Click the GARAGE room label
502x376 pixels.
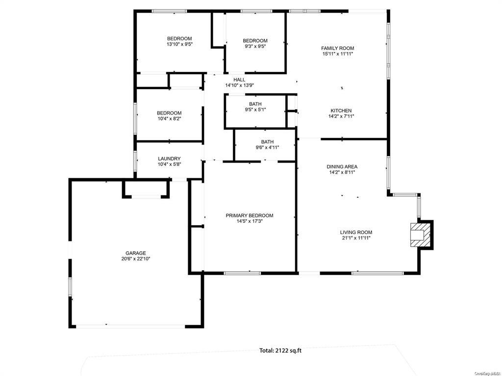pos(135,253)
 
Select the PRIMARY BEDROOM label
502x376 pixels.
pos(250,215)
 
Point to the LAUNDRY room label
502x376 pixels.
pos(169,159)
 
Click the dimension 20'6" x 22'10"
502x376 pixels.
pos(135,259)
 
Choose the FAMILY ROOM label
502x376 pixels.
pos(337,48)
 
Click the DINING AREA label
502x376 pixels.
pos(342,166)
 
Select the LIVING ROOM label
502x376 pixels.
pos(356,233)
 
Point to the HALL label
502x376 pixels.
pos(239,80)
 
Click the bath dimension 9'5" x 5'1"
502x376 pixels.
pos(255,110)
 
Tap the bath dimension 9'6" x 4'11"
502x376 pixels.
pos(267,147)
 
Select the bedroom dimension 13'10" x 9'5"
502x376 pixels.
pos(179,45)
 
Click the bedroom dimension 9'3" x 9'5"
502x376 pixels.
pos(255,47)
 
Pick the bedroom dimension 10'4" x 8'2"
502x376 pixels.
pos(169,118)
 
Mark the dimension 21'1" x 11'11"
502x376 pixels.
pos(356,238)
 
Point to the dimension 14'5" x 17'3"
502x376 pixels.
pos(250,221)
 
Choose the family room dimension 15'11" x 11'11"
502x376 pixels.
pos(337,54)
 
